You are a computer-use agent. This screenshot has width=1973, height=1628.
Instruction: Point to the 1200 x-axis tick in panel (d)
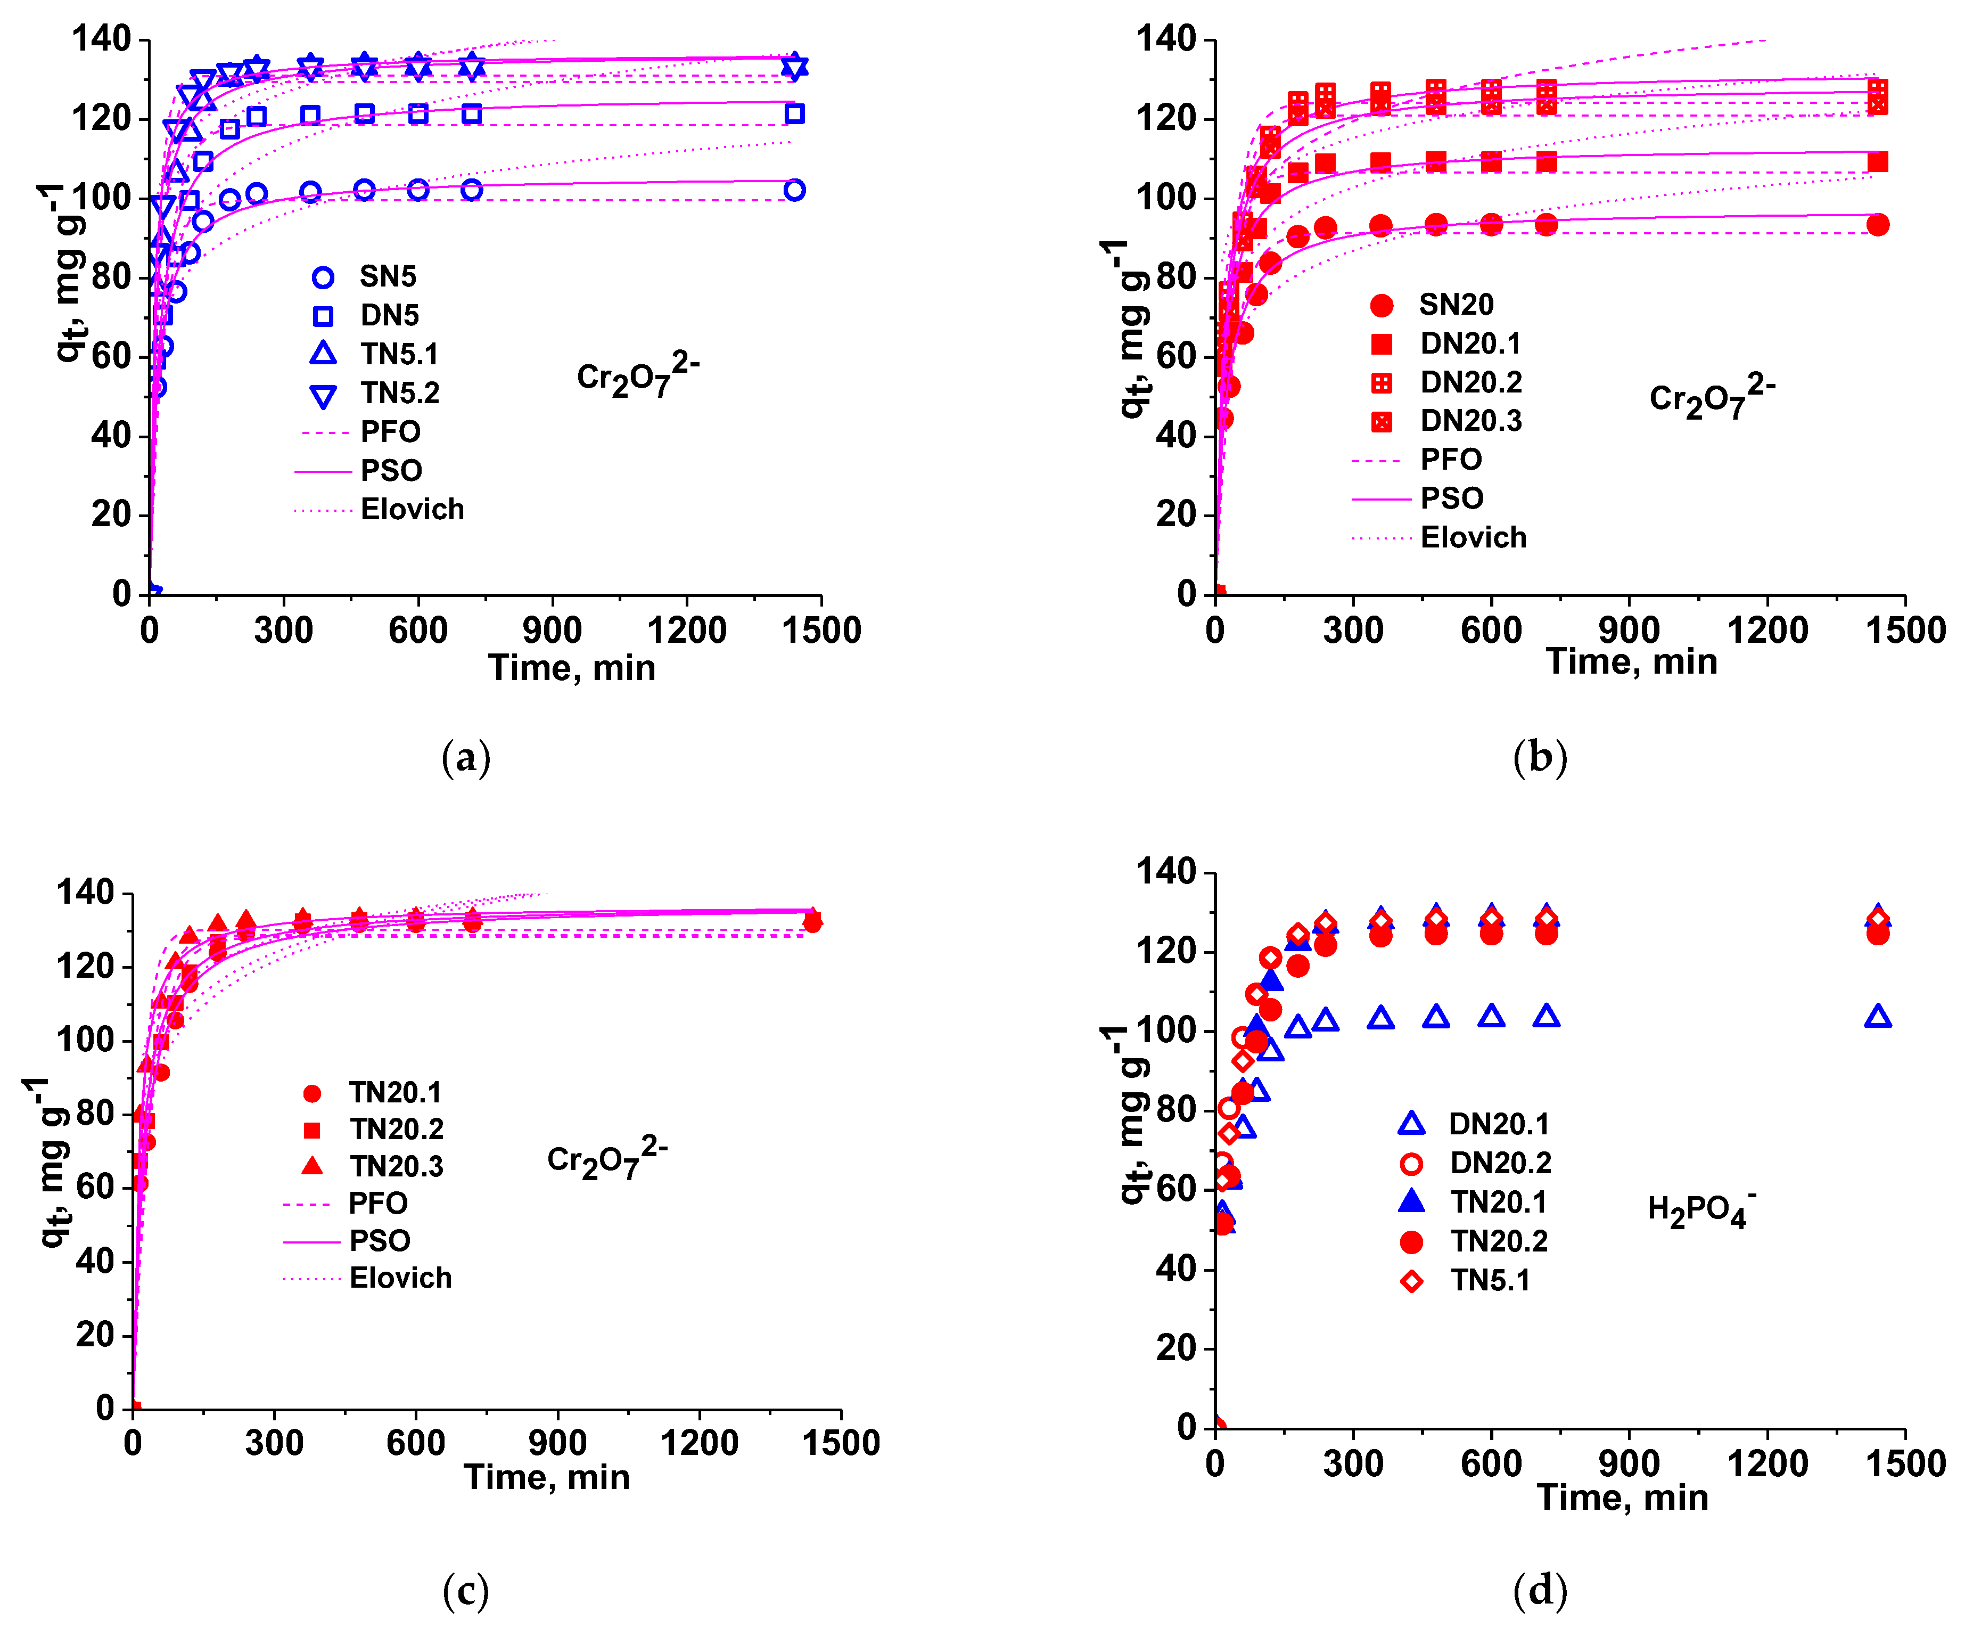click(x=1767, y=1463)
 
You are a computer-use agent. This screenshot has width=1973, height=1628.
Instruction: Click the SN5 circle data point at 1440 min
click(x=794, y=190)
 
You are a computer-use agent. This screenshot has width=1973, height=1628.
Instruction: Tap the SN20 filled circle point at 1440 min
click(x=1877, y=225)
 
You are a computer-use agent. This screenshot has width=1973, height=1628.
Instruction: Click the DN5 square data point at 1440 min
click(x=794, y=113)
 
